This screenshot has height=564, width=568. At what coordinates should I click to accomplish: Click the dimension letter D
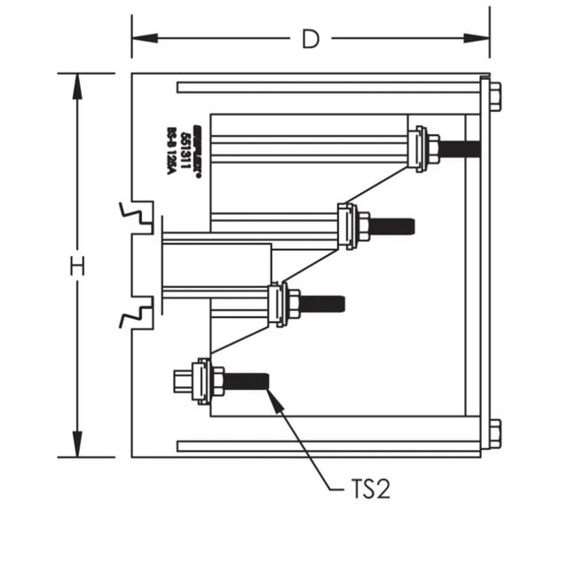(x=310, y=39)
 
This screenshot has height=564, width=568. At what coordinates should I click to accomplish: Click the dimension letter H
(x=78, y=266)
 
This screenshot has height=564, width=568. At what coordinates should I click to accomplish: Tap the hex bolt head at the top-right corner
(x=494, y=95)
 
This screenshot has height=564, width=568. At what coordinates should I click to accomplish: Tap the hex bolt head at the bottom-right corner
(x=494, y=434)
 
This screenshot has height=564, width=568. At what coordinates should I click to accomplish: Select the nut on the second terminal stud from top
(x=362, y=226)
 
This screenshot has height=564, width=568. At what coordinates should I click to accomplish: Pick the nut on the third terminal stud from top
(x=292, y=304)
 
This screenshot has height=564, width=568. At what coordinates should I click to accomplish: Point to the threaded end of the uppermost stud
(x=461, y=148)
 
